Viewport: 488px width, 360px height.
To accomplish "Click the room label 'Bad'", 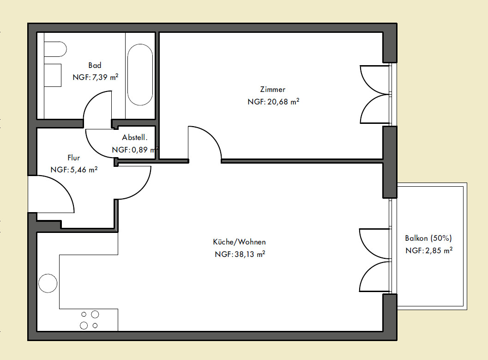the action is coord(95,66).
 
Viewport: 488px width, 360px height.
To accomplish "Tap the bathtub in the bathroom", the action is coord(140,74).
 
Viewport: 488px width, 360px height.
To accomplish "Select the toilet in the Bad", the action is coord(55,49).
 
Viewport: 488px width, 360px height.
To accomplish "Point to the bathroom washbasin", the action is coord(53,75).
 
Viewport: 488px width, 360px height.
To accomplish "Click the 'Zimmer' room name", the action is coord(273,90).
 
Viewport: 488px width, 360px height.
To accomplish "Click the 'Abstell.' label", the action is coord(134,137).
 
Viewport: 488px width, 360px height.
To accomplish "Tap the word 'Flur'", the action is coord(74,158).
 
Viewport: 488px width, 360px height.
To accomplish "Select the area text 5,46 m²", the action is coord(84,170).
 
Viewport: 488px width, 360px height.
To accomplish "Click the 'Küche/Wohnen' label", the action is coord(239,242).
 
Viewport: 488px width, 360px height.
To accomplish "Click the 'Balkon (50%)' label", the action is coord(428,238).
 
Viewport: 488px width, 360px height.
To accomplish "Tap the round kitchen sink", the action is coord(48,283).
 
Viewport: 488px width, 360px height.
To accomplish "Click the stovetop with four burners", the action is coord(90,320).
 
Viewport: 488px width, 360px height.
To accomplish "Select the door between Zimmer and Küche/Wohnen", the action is coord(212,135).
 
